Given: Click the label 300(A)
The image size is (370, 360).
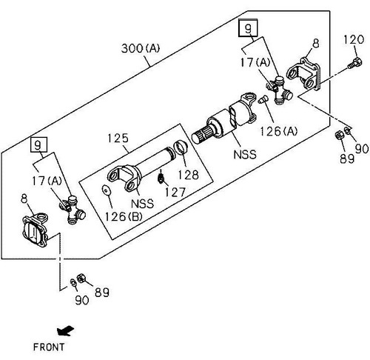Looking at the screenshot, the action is coord(141,48).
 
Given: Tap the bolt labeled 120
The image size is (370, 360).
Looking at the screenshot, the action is coord(354,63).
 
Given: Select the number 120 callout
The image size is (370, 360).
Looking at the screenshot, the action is coord(354,39).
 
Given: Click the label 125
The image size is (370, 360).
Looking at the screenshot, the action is coord(118,139).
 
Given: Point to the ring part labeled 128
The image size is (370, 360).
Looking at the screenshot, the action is coord(181,147).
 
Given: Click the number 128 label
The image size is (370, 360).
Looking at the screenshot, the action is coord(188,175).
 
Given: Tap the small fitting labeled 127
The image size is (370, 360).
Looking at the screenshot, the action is coord(161,178).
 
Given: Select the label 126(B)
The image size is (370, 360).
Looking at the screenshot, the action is coord(124,217).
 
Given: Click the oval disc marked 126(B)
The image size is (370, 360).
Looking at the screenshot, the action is coord(107,190).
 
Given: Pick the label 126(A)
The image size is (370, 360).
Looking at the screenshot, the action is coord(279,131).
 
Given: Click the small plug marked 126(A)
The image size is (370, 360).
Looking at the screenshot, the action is coord(263,99).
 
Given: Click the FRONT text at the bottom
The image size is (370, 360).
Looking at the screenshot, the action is coord(49,347).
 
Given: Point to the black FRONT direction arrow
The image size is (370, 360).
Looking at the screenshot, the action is coord(65,331).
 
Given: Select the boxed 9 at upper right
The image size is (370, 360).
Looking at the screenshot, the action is coord(248,28).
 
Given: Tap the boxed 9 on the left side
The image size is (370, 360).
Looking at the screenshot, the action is coord(38,144).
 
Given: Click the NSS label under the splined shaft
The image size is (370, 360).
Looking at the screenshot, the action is coord(245,155).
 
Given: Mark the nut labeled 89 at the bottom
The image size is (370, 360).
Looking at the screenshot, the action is coord(81,279).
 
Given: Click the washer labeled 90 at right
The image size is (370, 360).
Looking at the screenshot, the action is coord(348,130).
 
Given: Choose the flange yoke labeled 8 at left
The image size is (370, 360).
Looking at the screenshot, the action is coord(35,230).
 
